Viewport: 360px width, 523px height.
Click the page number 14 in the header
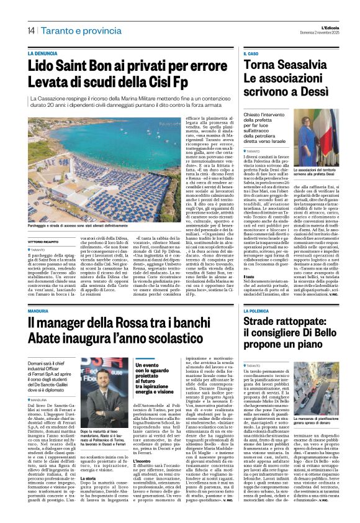tap(30, 30)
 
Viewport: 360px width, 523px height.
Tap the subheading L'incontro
tap(143, 463)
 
